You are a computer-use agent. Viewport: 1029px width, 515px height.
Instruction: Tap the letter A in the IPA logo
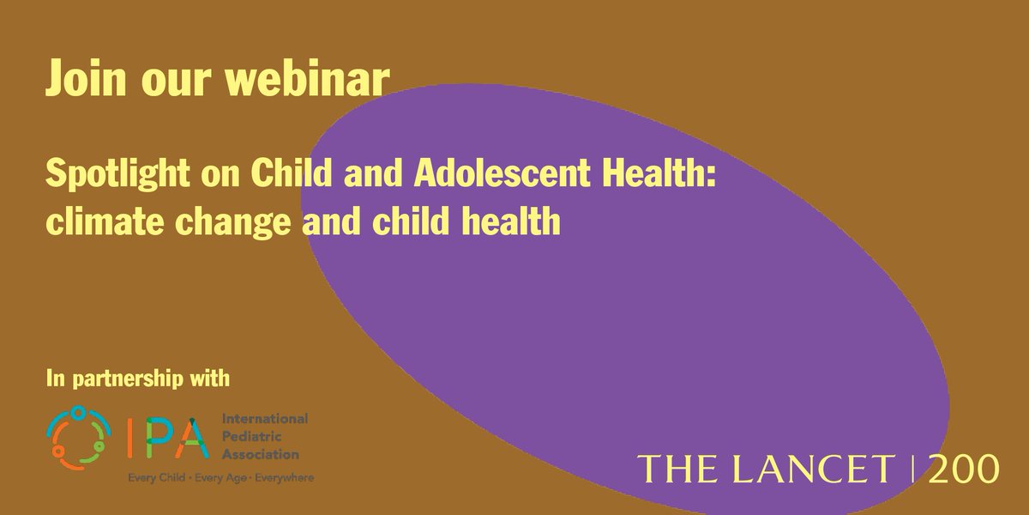tap(193, 436)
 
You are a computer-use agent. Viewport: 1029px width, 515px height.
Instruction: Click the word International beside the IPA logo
tap(264, 418)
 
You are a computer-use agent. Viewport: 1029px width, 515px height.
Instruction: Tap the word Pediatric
tap(249, 436)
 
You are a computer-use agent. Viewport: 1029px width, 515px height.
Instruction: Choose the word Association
tap(261, 454)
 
